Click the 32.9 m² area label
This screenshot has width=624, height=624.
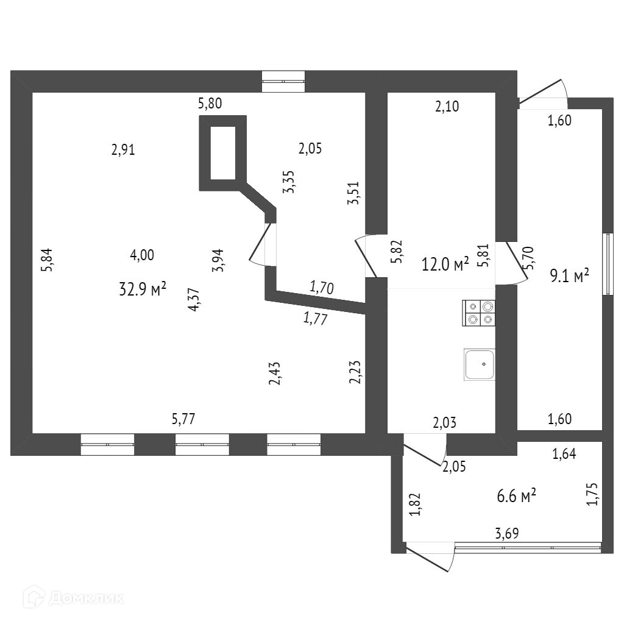tap(143, 289)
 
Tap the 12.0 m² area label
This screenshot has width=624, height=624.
tap(445, 264)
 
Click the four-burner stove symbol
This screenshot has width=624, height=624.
tap(479, 313)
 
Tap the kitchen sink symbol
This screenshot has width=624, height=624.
tap(480, 364)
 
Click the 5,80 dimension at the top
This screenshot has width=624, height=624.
tap(210, 104)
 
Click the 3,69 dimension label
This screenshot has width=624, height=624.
tap(507, 534)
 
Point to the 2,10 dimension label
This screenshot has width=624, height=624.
tap(447, 107)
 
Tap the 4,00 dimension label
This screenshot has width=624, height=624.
tap(142, 255)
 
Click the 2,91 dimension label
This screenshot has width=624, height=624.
tap(123, 149)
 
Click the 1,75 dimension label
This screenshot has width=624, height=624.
tap(591, 494)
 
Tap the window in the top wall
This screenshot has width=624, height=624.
tap(283, 82)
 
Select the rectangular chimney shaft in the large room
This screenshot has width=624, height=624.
tap(223, 153)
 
